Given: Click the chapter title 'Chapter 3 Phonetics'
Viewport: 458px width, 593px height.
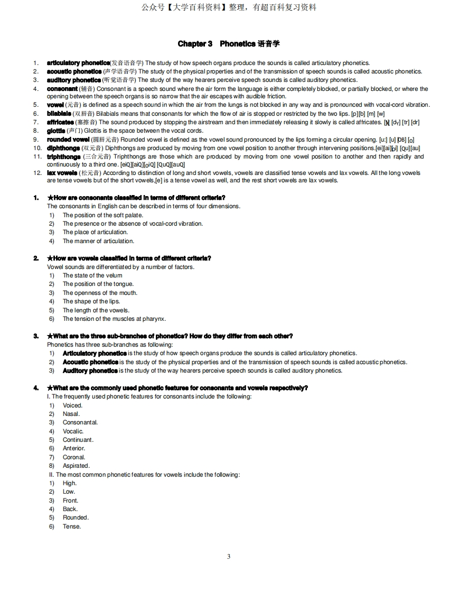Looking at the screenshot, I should tap(228, 44).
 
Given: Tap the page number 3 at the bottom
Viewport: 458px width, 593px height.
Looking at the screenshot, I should tap(228, 556).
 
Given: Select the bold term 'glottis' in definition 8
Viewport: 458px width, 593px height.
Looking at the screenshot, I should tap(56, 131).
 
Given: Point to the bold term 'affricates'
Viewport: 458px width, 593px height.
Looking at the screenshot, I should tap(60, 122).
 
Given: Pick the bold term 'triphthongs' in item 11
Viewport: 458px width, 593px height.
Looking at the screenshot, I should tap(64, 156).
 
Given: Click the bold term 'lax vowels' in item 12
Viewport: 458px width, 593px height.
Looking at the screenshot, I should tap(62, 173).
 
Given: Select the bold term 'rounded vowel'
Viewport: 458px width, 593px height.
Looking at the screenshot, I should tap(68, 140).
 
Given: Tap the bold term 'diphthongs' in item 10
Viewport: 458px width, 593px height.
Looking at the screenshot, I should tap(63, 148).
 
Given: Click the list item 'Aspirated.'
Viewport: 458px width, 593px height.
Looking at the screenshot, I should tap(76, 466).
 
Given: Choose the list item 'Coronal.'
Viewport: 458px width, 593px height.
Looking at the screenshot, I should tap(74, 457).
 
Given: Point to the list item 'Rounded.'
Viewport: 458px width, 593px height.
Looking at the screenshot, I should tap(76, 517).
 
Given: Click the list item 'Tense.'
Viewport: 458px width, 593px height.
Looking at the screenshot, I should tap(72, 526).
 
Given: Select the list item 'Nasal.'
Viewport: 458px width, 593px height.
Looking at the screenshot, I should tap(71, 414).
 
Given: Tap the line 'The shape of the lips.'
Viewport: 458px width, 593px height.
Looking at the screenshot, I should tap(91, 301).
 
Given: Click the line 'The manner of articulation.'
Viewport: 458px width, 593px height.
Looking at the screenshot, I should tap(98, 241).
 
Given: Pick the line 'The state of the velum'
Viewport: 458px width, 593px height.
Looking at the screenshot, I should tap(92, 275).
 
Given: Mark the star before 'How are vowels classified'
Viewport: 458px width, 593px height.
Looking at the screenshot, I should tap(50, 258).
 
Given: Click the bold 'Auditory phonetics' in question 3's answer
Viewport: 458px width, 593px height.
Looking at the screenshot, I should tap(90, 370).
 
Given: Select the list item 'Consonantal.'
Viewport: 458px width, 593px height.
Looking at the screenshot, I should tap(80, 422).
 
